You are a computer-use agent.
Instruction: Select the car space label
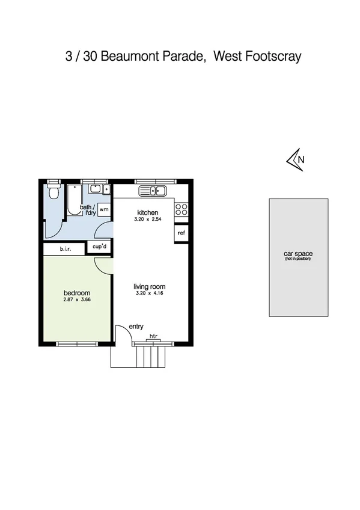[298, 254]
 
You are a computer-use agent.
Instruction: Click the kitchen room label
[147, 213]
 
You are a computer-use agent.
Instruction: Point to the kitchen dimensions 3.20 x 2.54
[147, 220]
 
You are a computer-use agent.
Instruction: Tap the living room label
[149, 287]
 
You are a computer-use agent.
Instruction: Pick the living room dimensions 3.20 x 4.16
[149, 294]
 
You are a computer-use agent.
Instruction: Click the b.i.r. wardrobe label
[66, 249]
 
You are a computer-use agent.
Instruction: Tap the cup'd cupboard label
[99, 247]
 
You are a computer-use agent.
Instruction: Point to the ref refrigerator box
[181, 232]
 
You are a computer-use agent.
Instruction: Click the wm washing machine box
[104, 209]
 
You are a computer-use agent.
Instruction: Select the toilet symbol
[53, 191]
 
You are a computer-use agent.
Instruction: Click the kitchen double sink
[153, 191]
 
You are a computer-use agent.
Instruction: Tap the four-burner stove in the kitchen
[181, 210]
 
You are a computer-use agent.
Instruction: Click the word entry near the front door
[136, 327]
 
